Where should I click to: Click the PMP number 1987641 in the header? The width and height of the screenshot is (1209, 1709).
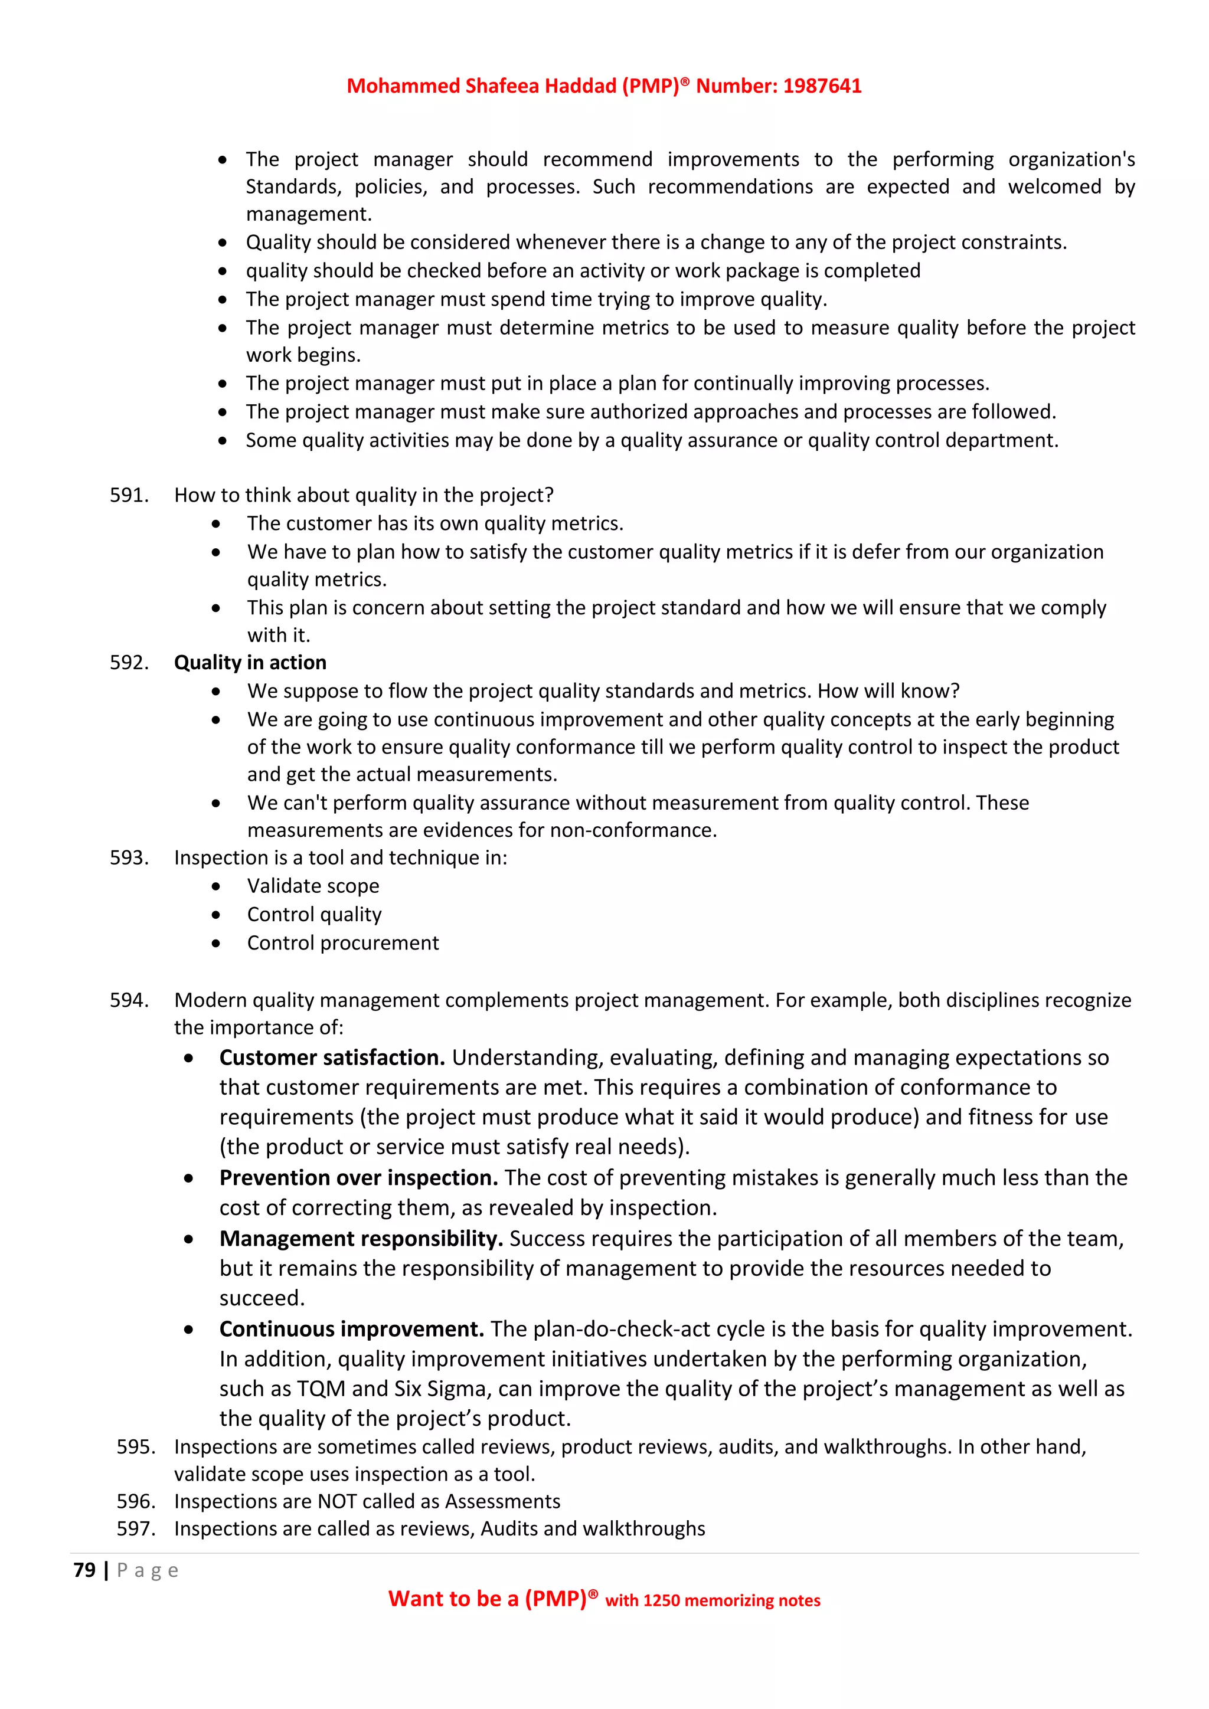tap(822, 86)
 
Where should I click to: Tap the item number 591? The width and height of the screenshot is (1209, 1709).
tap(129, 495)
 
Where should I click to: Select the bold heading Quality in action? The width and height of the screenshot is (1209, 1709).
tap(250, 663)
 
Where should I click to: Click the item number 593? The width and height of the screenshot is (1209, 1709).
tap(129, 857)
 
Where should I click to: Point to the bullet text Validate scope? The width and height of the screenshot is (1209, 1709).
tap(313, 886)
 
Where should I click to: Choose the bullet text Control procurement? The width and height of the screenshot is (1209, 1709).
tap(342, 943)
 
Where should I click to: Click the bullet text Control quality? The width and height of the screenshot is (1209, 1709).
tap(314, 914)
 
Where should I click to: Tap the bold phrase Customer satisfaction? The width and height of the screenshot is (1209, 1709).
tap(332, 1058)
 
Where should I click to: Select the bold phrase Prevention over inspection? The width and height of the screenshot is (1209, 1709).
tap(358, 1177)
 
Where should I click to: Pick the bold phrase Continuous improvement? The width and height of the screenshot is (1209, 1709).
tap(351, 1330)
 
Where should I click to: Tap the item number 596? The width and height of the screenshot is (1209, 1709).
tap(136, 1501)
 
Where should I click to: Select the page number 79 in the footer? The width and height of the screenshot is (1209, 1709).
tap(84, 1570)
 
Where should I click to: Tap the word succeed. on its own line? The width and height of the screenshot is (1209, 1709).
tap(262, 1298)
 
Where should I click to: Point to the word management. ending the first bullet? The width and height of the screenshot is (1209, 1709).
tap(308, 214)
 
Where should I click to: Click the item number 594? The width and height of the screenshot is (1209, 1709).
tap(129, 1000)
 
